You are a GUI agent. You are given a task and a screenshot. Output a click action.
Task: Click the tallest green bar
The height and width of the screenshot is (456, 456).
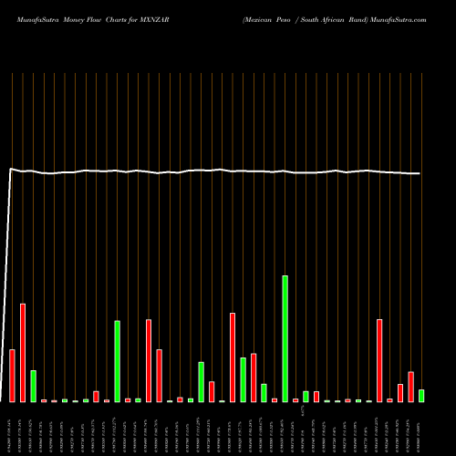point(285,338)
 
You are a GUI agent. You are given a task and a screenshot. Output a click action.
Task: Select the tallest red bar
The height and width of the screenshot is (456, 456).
point(23,353)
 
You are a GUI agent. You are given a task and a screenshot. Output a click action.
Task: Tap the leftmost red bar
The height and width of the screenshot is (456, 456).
point(13,376)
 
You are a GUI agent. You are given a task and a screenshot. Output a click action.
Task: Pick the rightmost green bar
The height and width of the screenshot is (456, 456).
point(421,396)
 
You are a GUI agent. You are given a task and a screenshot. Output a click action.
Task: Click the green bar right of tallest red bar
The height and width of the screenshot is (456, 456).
point(34,386)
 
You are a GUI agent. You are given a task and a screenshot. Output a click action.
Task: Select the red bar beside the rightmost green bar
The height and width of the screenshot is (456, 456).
point(410,387)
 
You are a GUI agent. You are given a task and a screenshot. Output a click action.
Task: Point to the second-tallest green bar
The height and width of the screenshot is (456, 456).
point(118,361)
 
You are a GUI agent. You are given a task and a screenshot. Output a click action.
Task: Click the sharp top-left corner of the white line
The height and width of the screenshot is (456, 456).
point(10,169)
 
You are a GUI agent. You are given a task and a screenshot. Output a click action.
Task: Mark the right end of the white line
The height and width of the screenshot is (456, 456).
point(420,173)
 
